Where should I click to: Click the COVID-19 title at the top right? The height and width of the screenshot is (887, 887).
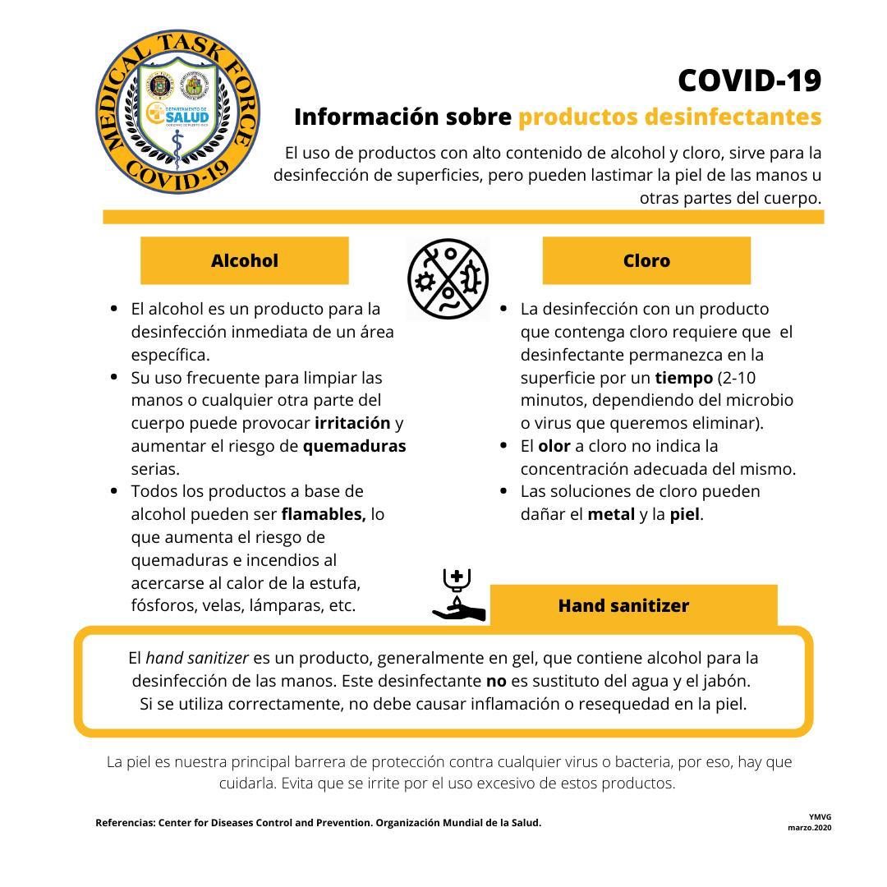click(749, 80)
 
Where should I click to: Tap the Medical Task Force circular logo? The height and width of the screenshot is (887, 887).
click(178, 113)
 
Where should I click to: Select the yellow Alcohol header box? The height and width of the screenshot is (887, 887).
click(245, 260)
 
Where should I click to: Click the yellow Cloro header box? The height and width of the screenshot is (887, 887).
click(646, 260)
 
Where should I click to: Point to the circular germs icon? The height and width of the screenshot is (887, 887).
click(448, 279)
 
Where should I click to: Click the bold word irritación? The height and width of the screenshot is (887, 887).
click(352, 423)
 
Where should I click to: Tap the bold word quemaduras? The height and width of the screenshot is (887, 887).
click(354, 446)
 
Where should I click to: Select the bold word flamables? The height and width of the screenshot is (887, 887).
click(324, 514)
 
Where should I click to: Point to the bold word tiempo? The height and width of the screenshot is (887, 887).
click(683, 378)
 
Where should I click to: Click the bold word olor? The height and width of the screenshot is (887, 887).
click(554, 446)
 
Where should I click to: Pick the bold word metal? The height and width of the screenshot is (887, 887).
click(611, 514)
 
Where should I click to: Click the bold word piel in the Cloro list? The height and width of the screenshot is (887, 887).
click(685, 514)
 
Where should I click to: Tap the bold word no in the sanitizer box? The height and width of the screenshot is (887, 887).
click(496, 681)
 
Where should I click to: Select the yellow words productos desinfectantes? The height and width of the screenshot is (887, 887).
click(669, 117)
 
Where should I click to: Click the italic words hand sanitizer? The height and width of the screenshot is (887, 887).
click(197, 658)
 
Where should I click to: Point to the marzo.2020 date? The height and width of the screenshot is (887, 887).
click(810, 828)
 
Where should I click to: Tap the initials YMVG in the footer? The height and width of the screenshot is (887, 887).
click(820, 817)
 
